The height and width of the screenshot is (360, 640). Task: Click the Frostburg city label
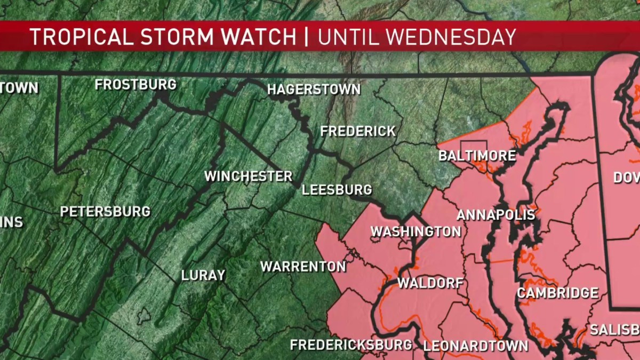coord(135,85)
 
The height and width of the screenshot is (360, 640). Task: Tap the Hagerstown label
coord(314,90)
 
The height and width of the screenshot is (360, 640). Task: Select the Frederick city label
coord(358,131)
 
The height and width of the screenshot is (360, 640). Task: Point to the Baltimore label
coord(477,156)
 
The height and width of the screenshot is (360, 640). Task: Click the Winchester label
coord(249,176)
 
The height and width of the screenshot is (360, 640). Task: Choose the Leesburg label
coord(337,190)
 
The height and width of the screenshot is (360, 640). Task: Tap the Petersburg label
coord(105,212)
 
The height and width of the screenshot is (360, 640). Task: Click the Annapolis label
coord(495,215)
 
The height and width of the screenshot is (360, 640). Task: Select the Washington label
coord(415,231)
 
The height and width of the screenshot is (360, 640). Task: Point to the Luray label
coord(203,276)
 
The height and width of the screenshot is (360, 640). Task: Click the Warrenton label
coord(303,267)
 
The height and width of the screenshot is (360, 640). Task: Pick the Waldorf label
coord(430,283)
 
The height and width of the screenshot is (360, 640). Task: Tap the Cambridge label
coord(557,293)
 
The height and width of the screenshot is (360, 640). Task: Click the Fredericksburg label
coord(351,345)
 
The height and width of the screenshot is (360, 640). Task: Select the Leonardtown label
coord(476,346)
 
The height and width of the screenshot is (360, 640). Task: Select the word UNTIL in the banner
coord(349,37)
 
